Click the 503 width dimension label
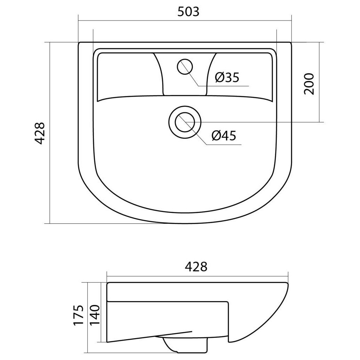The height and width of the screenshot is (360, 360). (188, 11)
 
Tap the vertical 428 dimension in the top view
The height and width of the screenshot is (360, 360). (39, 134)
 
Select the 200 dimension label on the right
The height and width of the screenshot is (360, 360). (309, 84)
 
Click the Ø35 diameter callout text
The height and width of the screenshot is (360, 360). (227, 77)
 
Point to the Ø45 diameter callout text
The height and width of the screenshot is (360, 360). (224, 136)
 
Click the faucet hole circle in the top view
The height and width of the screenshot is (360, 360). (185, 67)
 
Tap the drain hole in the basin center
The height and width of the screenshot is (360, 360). (185, 122)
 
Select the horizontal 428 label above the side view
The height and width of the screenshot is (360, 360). (196, 267)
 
